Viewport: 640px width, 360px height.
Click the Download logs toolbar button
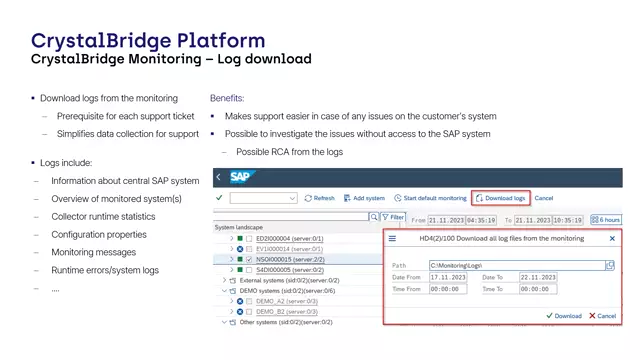500,198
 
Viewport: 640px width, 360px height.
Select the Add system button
365,198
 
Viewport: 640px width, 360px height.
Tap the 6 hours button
606,219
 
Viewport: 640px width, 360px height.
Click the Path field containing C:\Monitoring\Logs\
516,265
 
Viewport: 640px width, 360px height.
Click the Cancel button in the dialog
602,316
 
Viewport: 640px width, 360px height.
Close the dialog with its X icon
612,239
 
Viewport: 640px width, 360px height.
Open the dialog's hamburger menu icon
392,239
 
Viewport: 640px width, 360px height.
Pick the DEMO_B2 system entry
272,311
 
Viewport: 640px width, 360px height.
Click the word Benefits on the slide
227,99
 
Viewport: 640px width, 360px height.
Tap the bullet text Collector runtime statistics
103,216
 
